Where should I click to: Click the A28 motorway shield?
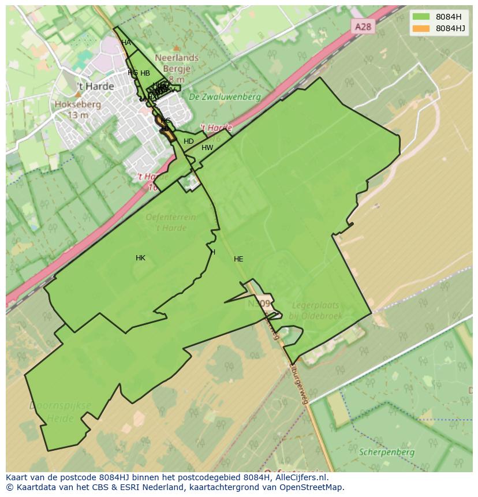click(x=362, y=27)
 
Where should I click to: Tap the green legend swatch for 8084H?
click(x=421, y=17)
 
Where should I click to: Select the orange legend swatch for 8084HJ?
click(x=421, y=28)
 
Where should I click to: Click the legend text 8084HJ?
click(x=451, y=28)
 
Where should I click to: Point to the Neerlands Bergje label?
click(x=177, y=63)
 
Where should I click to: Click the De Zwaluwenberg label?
click(x=225, y=97)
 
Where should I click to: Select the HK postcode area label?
click(x=140, y=258)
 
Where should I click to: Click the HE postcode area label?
click(x=238, y=259)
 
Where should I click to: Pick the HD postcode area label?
click(x=189, y=141)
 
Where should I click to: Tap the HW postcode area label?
click(x=207, y=148)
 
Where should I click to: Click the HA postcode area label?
click(x=126, y=43)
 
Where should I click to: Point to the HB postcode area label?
click(x=145, y=73)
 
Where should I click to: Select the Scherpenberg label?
click(x=386, y=453)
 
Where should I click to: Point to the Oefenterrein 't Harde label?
click(x=171, y=222)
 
